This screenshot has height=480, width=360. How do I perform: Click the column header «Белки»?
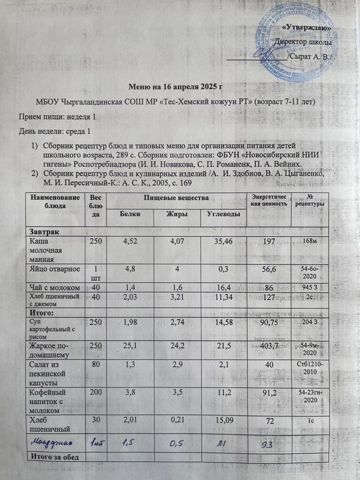pyautogui.click(x=130, y=214)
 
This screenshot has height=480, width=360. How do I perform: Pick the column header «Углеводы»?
pyautogui.click(x=224, y=214)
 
